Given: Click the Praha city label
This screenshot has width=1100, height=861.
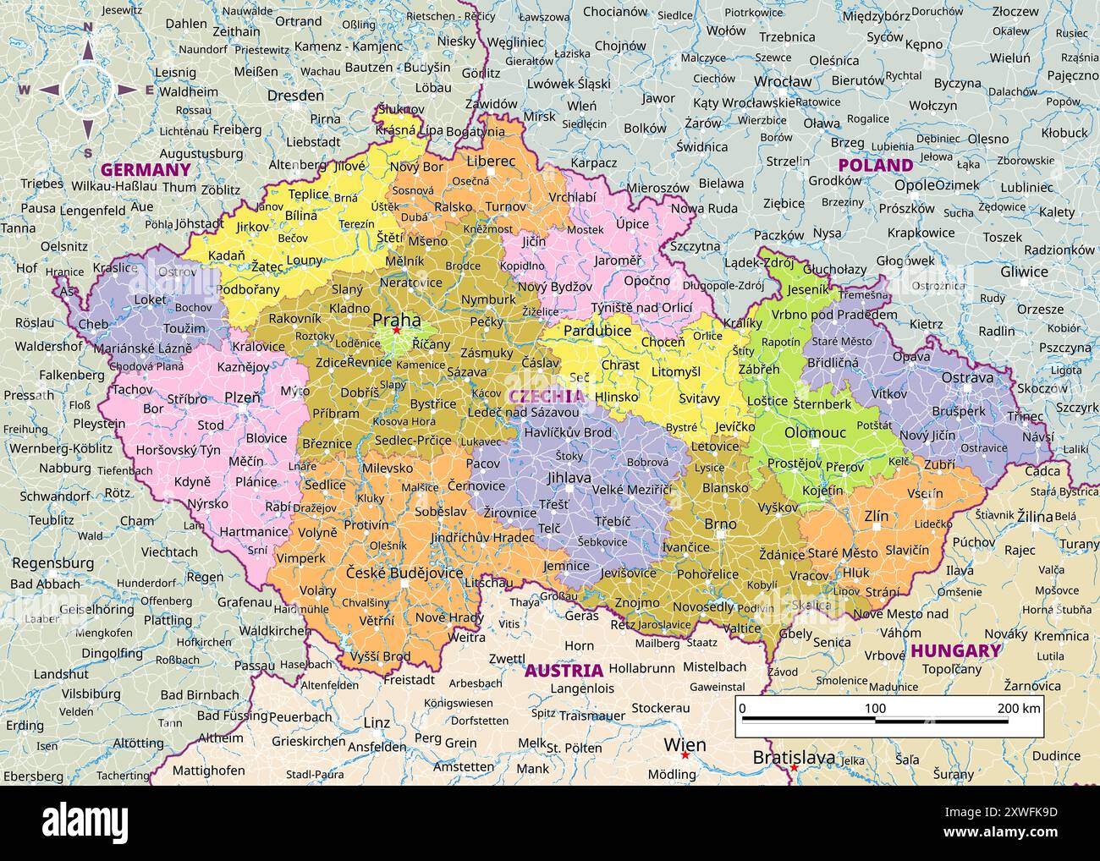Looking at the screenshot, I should coord(396,320).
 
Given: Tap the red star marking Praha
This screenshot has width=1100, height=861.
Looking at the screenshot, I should coord(396,331).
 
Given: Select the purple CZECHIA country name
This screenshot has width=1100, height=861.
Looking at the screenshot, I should coord(546,396).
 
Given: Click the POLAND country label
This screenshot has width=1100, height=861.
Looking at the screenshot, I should coord(875,165).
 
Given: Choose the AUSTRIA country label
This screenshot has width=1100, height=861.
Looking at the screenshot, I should coord(564,671).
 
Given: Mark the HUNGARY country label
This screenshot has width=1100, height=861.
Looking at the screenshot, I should coord(956,650).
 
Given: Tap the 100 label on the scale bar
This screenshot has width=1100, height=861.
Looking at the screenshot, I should coord(875,708).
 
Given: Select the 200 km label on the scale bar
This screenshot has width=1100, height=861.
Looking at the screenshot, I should coord(1019,708).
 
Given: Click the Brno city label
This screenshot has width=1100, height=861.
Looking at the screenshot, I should coord(720,524).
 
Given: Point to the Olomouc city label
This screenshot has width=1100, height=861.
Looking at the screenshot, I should coord(815,432).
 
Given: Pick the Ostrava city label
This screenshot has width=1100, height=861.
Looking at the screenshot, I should coord(967,377).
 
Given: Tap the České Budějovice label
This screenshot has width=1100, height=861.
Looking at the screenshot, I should coord(404,573).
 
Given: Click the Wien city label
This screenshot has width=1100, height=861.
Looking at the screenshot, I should coord(685,744).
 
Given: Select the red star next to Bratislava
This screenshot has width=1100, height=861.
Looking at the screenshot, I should coord(794,768).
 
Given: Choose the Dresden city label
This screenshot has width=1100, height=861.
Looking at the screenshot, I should coord(295,96).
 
